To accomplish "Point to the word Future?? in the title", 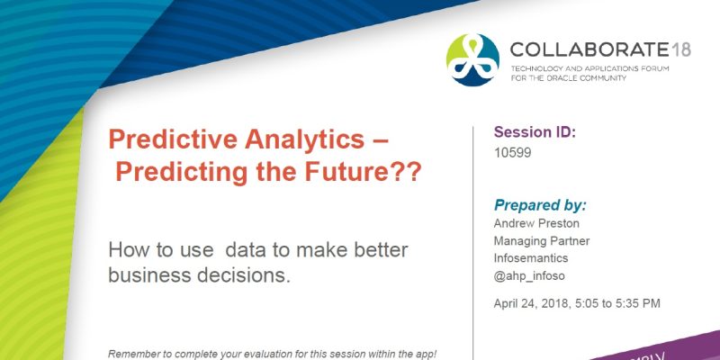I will [365, 171].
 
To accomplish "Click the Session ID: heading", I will [535, 132].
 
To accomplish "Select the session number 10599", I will [513, 153].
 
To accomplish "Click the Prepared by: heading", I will [540, 204].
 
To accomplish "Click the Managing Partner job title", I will [542, 240].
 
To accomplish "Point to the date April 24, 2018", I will [535, 303].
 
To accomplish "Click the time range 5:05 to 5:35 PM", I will [618, 303].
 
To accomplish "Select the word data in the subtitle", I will [248, 248].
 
